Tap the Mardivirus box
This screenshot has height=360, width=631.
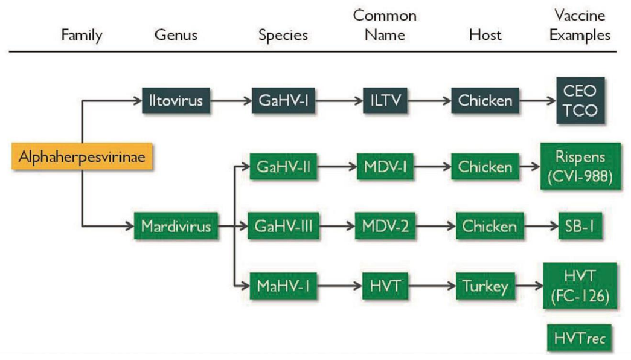coord(176,227)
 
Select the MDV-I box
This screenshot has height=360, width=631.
coord(385,167)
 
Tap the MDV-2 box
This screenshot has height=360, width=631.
coord(385,227)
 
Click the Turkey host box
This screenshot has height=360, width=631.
coord(485,286)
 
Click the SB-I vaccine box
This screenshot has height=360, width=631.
coord(580,227)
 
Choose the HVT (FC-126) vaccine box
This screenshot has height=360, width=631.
coord(580,286)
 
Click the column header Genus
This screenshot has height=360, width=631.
coord(176,36)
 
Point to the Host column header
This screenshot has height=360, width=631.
coord(485,36)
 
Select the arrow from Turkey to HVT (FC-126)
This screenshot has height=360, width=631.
coord(527,286)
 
